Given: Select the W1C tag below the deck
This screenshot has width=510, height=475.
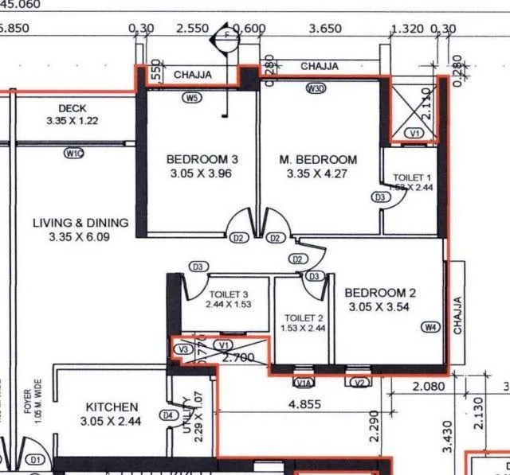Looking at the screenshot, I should point(74,153).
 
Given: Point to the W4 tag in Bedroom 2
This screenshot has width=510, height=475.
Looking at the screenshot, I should point(430,327).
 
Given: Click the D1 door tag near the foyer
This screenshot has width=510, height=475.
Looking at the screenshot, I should point(34,459).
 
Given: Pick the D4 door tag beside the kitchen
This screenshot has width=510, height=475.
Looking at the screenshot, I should point(168,415).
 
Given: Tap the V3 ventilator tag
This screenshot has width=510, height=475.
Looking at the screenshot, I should point(184,348).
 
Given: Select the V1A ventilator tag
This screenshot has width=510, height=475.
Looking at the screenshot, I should point(304,382).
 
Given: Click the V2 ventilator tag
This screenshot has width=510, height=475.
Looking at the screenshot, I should point(359,382).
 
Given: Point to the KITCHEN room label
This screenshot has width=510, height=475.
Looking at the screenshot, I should point(112,407).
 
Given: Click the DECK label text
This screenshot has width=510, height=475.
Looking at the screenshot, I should point(73,108).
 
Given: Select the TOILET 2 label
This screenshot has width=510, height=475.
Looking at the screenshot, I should point(303,318).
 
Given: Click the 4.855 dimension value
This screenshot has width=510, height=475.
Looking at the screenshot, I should point(304,403).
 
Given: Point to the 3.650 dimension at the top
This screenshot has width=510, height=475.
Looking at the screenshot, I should point(324,29).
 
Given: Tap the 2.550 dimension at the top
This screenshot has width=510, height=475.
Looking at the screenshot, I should point(193,29).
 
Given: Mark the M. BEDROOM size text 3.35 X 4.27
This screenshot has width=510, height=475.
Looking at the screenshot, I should point(318,173).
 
